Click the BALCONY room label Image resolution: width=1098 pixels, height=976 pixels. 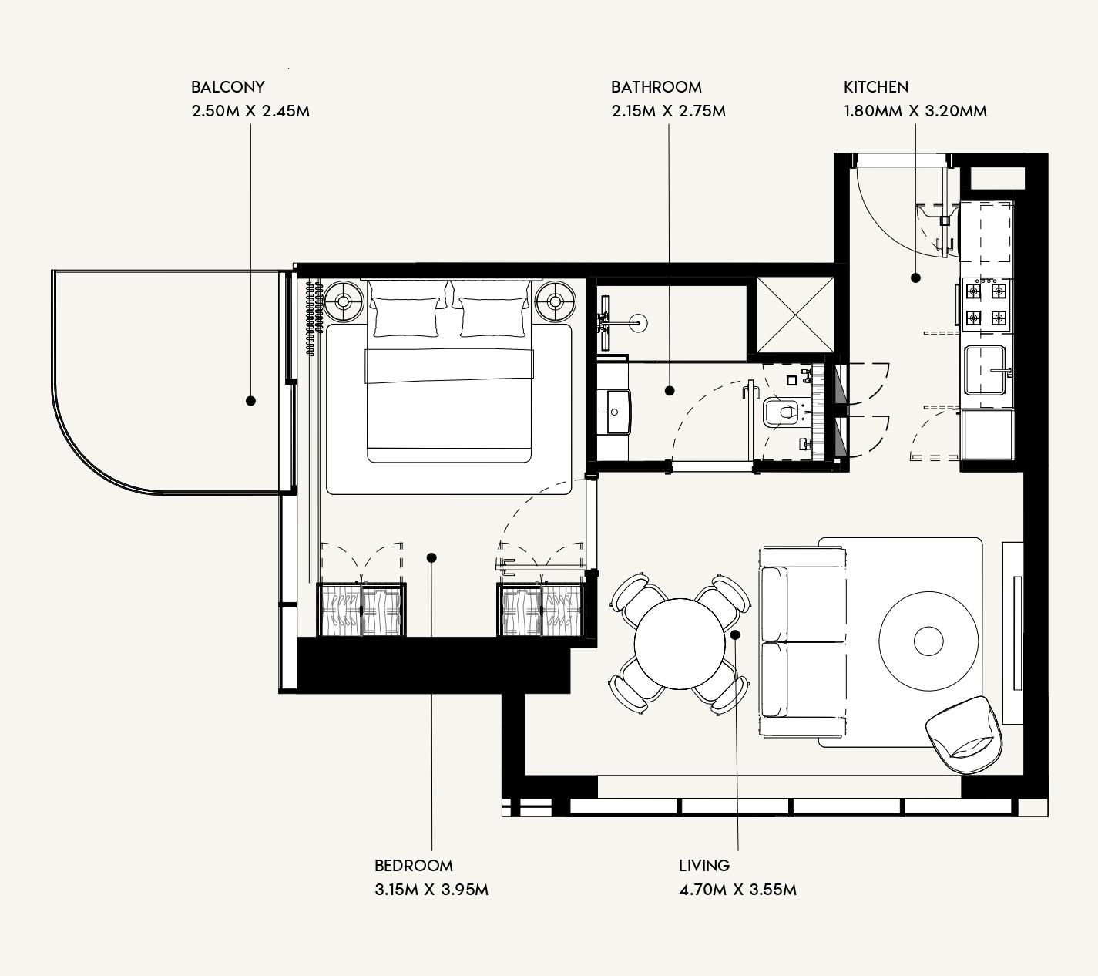[x=227, y=87]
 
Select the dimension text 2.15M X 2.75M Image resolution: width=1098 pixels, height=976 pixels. [x=668, y=111]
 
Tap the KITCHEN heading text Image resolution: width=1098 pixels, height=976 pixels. [x=875, y=87]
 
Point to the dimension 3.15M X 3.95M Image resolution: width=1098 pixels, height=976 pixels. [x=431, y=890]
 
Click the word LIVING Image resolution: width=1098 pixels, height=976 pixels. [x=703, y=866]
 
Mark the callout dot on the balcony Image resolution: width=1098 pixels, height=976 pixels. [x=250, y=401]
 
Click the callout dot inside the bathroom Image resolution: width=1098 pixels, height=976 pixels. [x=670, y=391]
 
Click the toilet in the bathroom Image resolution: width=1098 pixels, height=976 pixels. [x=781, y=412]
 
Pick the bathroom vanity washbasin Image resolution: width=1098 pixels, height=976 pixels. [x=617, y=412]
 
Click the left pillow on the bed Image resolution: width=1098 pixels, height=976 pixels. [x=405, y=318]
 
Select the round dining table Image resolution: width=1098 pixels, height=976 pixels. [x=680, y=643]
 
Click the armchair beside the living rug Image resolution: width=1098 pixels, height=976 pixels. [x=964, y=735]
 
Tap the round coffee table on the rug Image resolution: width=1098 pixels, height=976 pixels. [x=928, y=640]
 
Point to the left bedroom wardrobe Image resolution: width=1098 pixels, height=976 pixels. [x=361, y=610]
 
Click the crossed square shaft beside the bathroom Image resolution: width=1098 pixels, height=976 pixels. [x=795, y=315]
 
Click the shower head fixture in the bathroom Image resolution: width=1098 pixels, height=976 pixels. [x=636, y=323]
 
